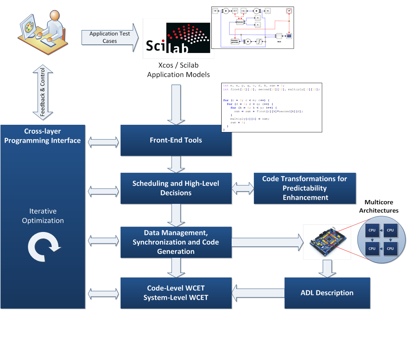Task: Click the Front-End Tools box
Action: [176, 140]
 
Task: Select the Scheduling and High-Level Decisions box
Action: [176, 188]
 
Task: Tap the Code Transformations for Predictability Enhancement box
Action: [305, 188]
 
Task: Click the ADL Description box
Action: [327, 293]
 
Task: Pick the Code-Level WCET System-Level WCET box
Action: [176, 293]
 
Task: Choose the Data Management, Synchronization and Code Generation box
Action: [176, 242]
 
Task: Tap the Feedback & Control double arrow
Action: [43, 92]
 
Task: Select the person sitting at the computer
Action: [47, 30]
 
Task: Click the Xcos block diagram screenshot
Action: [252, 27]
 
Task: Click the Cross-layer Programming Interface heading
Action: [43, 136]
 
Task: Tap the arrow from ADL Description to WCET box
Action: [258, 293]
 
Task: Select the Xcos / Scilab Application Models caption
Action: [179, 70]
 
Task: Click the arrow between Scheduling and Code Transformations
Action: [243, 188]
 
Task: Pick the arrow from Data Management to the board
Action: [267, 242]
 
